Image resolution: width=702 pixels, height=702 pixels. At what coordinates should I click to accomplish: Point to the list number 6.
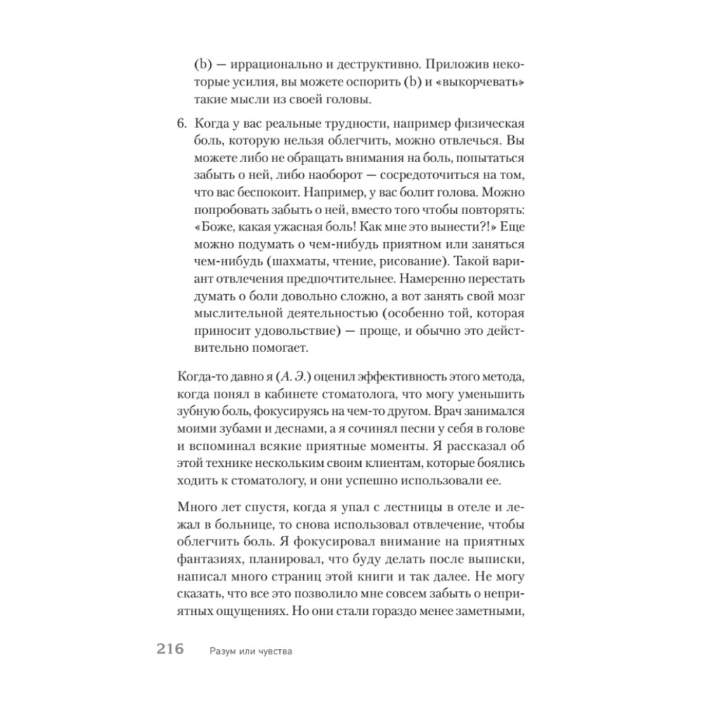click(x=180, y=124)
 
